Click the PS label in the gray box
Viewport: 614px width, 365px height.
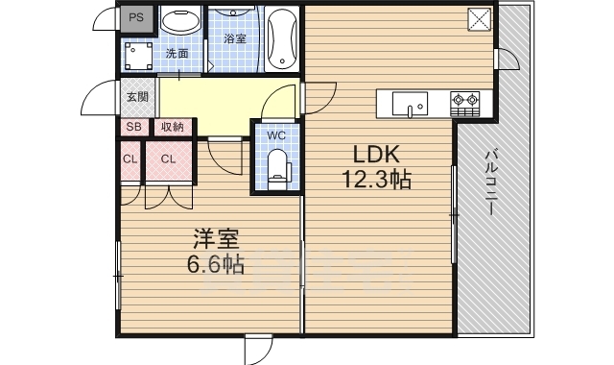click(x=137, y=18)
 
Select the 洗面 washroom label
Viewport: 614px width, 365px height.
click(x=177, y=53)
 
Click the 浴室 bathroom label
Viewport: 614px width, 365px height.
click(x=235, y=39)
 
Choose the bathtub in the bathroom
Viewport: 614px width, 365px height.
click(x=281, y=38)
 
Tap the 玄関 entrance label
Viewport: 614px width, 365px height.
click(x=137, y=96)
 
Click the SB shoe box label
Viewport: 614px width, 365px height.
click(x=131, y=126)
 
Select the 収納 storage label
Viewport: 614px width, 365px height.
click(x=173, y=126)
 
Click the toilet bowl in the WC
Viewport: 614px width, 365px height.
click(x=279, y=164)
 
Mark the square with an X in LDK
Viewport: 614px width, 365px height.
click(x=480, y=19)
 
